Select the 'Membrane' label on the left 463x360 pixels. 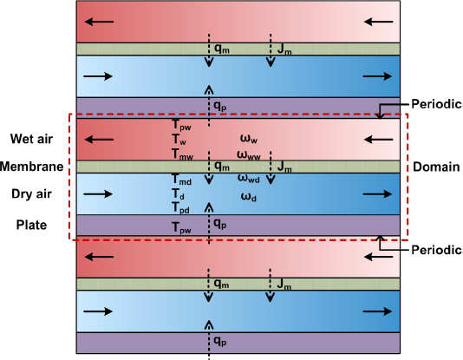tap(32, 166)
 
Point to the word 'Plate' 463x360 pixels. tap(32, 226)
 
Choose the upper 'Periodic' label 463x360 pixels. tap(434, 101)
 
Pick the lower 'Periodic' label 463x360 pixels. tap(434, 249)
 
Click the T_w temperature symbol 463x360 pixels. tap(179, 139)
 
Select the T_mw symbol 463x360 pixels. tap(181, 153)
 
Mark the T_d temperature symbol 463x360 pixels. tap(178, 194)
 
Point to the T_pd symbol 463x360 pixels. tap(180, 208)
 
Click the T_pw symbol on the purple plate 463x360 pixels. tap(181, 226)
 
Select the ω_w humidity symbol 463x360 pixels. tap(248, 138)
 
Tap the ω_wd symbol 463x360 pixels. tap(250, 179)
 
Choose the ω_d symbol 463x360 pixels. tap(248, 195)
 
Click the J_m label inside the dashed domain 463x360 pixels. tap(285, 166)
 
